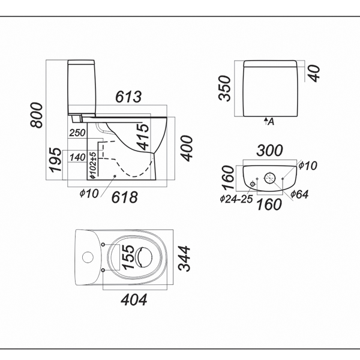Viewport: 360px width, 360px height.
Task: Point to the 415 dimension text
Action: coord(142,136)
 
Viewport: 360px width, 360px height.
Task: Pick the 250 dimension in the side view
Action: coord(77,133)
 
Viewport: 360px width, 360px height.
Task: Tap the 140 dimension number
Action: coord(77,157)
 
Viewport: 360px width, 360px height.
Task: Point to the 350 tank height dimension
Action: coord(225,89)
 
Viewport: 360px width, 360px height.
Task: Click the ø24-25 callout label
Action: coord(235,199)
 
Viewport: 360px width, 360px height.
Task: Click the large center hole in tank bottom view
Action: coord(270,178)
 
